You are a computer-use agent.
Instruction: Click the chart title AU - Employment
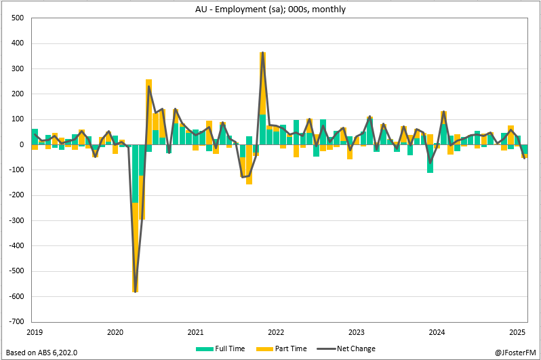point(270,8)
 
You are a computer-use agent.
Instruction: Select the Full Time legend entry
point(213,348)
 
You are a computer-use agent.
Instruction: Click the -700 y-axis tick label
point(15,321)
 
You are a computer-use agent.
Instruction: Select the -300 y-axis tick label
point(15,220)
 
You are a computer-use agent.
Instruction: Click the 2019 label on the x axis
point(35,332)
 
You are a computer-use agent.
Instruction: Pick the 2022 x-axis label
point(276,332)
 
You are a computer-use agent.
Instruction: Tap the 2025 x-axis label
point(518,332)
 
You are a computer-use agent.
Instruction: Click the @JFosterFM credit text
point(515,353)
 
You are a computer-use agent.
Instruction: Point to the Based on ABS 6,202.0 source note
point(41,353)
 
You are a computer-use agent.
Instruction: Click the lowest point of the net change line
point(136,292)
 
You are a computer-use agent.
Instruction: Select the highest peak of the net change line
point(262,53)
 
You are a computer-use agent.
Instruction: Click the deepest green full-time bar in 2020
point(136,174)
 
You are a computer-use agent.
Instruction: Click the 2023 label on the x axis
point(357,332)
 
